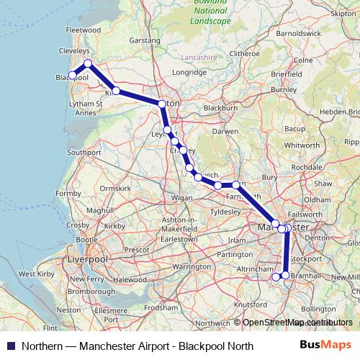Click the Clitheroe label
pos(244,53)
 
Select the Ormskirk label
pos(114,188)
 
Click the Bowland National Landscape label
pos(212,13)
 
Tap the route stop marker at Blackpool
pos(72,75)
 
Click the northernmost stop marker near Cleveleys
pos(88,64)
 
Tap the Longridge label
pos(189,73)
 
